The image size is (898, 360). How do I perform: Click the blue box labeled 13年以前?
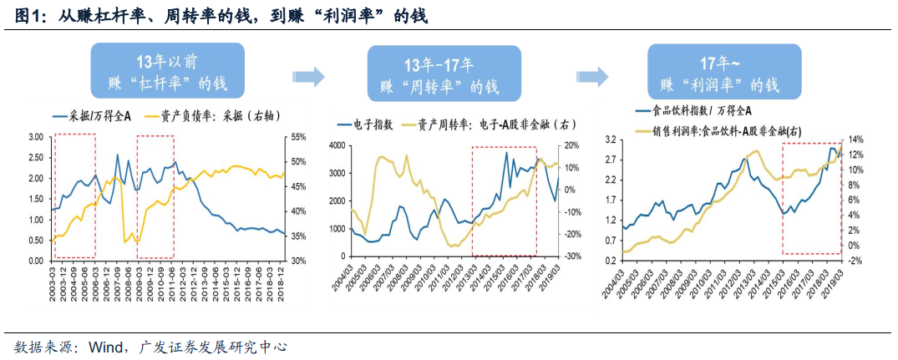pyautogui.click(x=167, y=74)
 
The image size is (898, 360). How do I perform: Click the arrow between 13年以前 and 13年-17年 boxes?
pyautogui.click(x=308, y=78)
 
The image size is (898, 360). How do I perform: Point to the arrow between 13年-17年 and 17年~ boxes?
pyautogui.click(x=591, y=78)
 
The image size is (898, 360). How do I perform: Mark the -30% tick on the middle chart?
pyautogui.click(x=570, y=256)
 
